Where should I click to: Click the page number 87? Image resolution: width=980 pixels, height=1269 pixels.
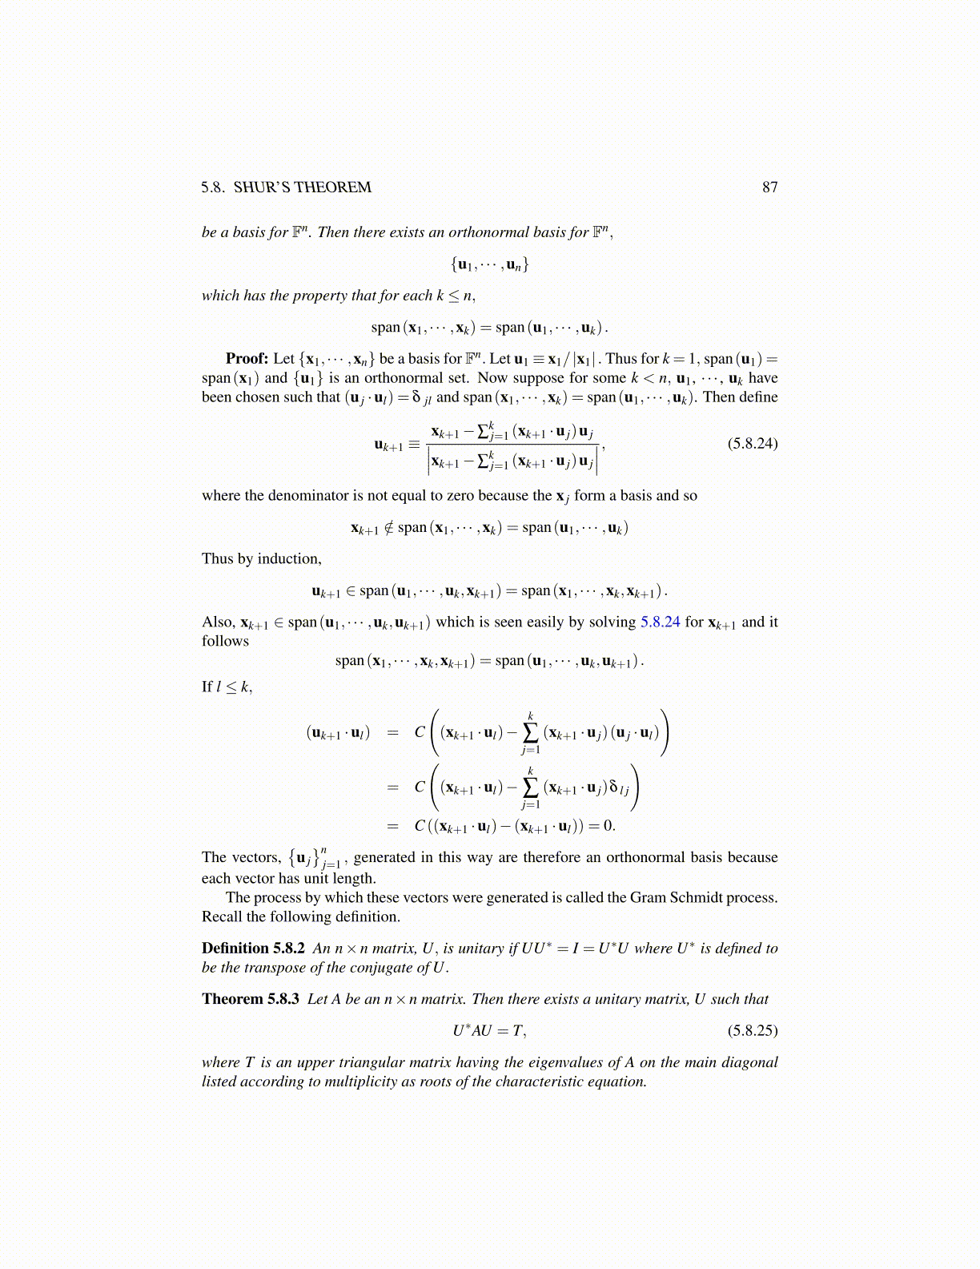(769, 187)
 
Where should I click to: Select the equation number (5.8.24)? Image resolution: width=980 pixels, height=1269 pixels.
(752, 443)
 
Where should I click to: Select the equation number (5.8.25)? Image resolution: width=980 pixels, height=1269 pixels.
(752, 1030)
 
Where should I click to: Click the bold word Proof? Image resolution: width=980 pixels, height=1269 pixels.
(247, 359)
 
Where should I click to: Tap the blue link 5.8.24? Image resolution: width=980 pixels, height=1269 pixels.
(660, 622)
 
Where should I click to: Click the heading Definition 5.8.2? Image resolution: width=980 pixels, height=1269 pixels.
(253, 949)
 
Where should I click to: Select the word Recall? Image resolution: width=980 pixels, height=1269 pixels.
(222, 917)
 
